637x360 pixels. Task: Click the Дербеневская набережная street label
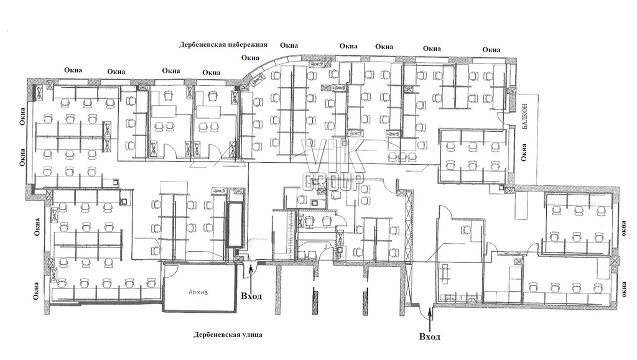pos(223,45)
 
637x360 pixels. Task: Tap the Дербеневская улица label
pos(228,335)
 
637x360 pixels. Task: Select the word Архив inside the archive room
pos(198,292)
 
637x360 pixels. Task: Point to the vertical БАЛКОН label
pos(524,116)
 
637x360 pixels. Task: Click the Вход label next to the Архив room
pos(251,296)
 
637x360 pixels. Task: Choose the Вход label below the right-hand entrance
pos(429,336)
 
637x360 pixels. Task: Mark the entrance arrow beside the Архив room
pos(251,277)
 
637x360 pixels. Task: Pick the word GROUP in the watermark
pos(333,182)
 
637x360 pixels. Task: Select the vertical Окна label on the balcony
pos(524,152)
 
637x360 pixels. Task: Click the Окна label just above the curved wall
pos(250,58)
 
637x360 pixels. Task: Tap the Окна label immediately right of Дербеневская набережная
pos(289,45)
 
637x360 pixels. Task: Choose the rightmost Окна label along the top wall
pos(491,50)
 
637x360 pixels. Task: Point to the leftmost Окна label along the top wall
pos(73,70)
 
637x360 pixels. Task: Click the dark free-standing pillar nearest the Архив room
pos(315,300)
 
